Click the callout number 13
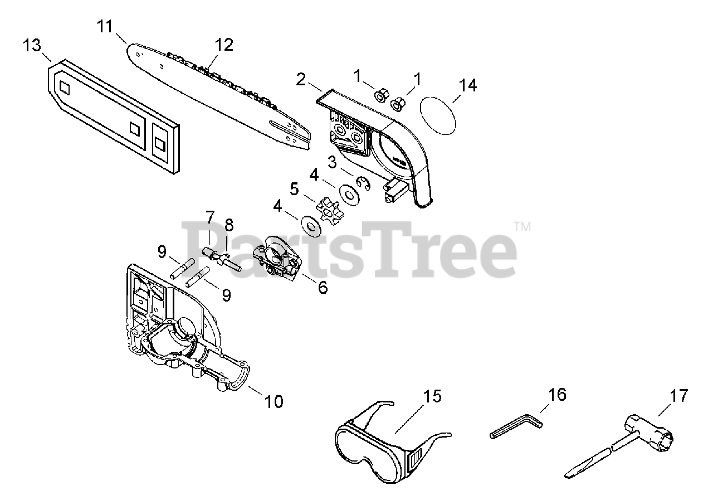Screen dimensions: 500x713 point(32,45)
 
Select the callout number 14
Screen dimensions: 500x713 point(468,85)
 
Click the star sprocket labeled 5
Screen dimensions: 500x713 point(328,210)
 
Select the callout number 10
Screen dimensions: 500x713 point(274,401)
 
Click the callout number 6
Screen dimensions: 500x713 point(322,288)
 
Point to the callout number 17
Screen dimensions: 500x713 point(679,396)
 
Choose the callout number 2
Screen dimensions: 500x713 point(301,79)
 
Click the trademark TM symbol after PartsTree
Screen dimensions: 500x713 point(522,227)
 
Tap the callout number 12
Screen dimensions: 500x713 point(224,45)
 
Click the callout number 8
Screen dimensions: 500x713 point(228,225)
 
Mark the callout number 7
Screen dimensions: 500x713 point(210,215)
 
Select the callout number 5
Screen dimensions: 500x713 point(295,189)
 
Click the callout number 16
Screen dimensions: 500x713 point(557,394)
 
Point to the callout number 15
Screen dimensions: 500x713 point(432,396)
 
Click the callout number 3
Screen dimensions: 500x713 point(332,163)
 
